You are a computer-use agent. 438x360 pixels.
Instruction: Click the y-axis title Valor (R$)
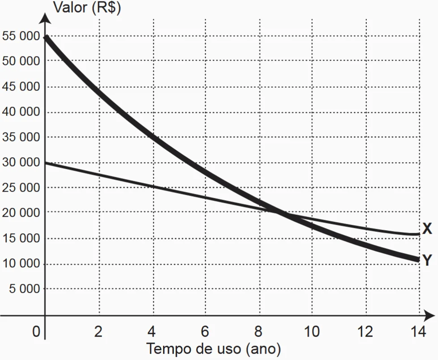point(87,8)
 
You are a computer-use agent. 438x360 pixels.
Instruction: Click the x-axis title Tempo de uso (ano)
point(214,348)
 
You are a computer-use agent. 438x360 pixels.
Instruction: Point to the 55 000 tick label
point(21,36)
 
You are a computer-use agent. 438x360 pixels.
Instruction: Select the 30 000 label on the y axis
point(21,162)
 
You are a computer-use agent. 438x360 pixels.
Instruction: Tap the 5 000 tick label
point(25,289)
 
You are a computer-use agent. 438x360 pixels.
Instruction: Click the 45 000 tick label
point(21,86)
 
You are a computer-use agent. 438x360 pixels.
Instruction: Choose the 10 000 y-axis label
point(21,264)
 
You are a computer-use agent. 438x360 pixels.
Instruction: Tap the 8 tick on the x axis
point(258,332)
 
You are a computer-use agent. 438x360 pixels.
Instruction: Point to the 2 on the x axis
point(98,332)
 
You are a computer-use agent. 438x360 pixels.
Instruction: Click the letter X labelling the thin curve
point(427,229)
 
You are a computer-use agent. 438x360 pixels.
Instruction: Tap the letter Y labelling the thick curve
point(427,260)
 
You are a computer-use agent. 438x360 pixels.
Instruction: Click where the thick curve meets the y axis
point(45,37)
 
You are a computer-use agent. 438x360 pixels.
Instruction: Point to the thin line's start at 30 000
point(45,163)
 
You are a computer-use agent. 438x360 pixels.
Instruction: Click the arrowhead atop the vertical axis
point(44,18)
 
